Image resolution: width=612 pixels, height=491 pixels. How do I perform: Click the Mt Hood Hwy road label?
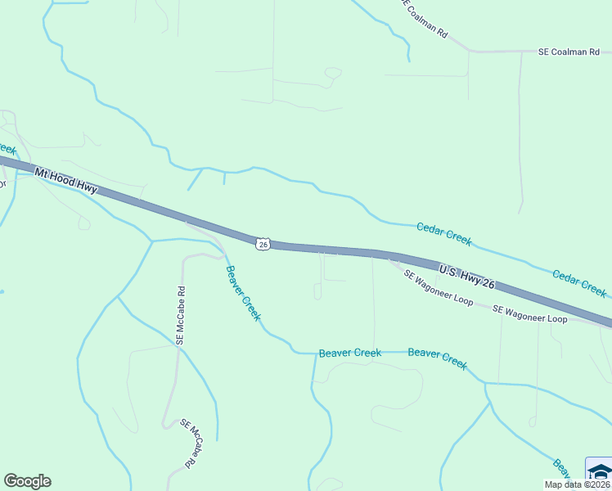tap(65, 181)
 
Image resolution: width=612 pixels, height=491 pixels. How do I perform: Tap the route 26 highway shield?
tap(262, 244)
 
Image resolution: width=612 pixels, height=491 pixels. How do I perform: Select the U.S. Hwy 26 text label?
tap(467, 276)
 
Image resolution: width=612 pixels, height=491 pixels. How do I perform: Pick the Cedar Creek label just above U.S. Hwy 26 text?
tap(444, 234)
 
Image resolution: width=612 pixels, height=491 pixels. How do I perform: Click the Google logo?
tap(27, 481)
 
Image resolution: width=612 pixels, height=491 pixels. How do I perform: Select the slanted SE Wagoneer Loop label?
tap(438, 288)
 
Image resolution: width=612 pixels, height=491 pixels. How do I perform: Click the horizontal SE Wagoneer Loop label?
tap(529, 313)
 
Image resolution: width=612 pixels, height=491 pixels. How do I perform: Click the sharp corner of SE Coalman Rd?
tap(469, 52)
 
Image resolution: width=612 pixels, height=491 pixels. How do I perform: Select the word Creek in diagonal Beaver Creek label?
tap(250, 304)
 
